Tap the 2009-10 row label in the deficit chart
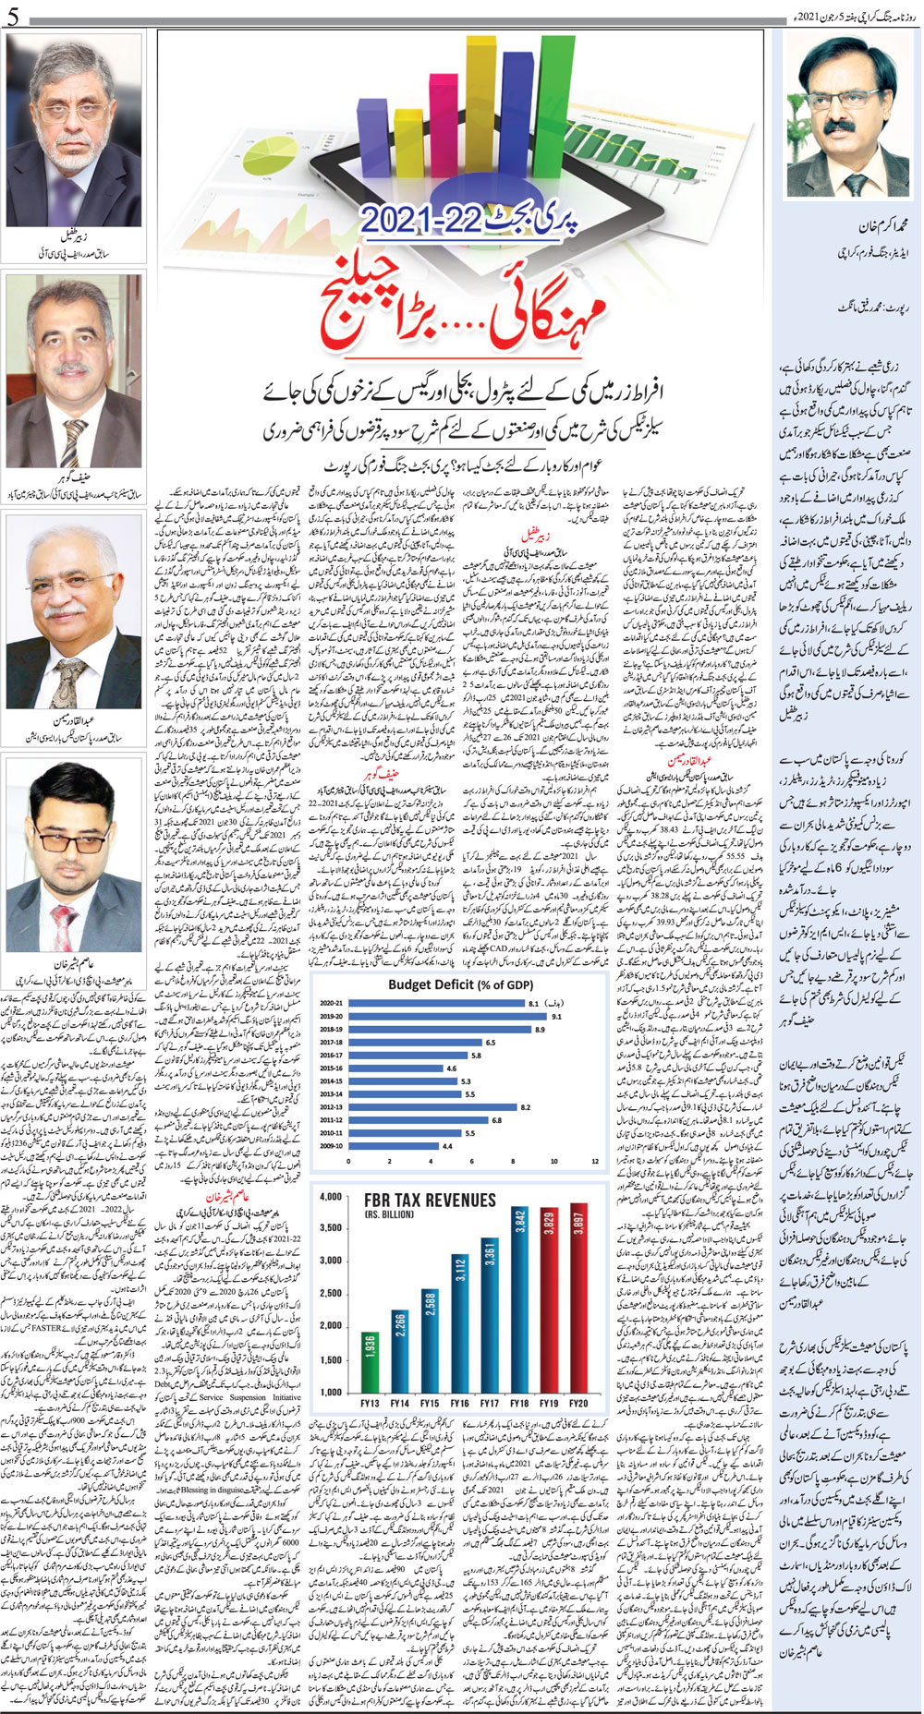pyautogui.click(x=332, y=1145)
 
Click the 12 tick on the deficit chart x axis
pyautogui.click(x=594, y=1162)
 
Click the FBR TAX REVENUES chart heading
pyautogui.click(x=430, y=1200)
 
